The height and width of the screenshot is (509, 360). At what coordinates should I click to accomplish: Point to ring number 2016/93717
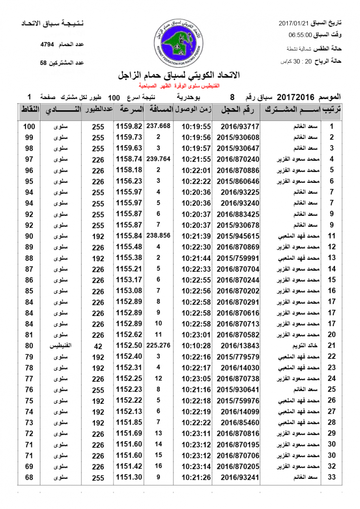[x=239, y=126]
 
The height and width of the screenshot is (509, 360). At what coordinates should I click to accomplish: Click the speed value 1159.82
[x=129, y=126]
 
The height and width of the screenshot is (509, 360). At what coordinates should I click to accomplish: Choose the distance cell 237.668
[x=158, y=126]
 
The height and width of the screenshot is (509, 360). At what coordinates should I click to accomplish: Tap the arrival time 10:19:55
[x=196, y=126]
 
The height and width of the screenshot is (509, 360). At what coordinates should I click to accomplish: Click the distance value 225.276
[x=158, y=345]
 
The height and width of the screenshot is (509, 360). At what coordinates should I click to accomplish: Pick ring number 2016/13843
[x=239, y=346]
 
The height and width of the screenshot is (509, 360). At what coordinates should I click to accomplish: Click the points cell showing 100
[x=29, y=126]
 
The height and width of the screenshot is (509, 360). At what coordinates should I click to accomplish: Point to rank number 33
[x=332, y=478]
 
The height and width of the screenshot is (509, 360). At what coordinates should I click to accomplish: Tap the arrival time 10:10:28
[x=196, y=346]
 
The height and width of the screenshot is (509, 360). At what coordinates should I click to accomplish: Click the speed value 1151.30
[x=129, y=478]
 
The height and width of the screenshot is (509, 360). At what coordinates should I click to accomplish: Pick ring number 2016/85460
[x=239, y=422]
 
